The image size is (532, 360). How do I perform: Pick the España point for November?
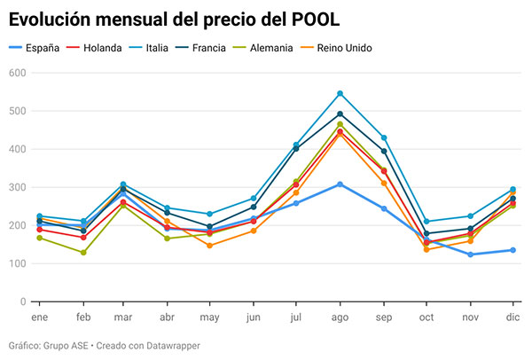(471, 254)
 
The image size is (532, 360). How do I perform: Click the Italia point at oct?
(427, 222)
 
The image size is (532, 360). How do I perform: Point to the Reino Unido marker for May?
(210, 246)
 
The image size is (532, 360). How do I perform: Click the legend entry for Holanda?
(98, 47)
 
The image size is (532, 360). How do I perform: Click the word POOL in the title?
(313, 17)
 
